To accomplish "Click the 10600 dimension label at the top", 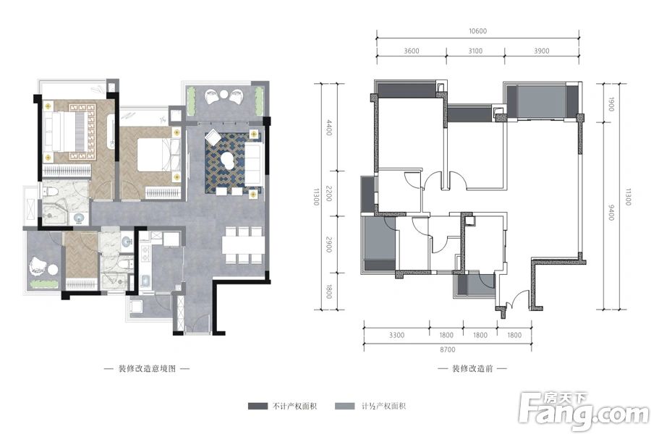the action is point(477,30).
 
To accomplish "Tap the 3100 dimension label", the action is point(475,51).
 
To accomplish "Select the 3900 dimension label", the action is point(541,51).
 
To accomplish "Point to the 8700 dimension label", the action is point(448,349).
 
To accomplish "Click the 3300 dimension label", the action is point(396,335).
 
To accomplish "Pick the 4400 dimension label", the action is point(329,127).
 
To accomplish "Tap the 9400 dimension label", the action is point(610,212).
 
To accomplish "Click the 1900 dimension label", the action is point(610,104).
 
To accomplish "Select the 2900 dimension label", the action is point(329,244).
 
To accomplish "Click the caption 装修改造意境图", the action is point(148,368).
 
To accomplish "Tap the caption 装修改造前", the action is point(472,368).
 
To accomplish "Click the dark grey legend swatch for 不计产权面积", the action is point(258,407).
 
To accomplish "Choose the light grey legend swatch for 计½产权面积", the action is point(345,407).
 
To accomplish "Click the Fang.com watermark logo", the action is point(583,411).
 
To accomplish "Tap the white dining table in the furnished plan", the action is point(242,245).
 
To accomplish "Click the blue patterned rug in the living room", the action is point(234,163).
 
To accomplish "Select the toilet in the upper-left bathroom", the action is point(50,192).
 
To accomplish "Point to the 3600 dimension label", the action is point(412,51).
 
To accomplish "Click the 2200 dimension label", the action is point(329,194).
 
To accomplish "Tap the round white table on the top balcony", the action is point(224,95).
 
